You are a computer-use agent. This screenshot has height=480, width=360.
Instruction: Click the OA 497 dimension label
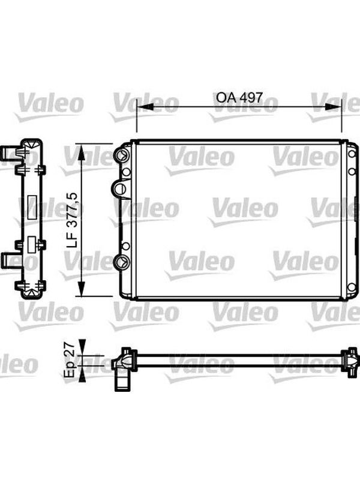tap(239, 97)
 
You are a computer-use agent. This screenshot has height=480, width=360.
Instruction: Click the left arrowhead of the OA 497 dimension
tap(145, 107)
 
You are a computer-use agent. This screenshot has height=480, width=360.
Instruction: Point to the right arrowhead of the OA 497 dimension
tap(333, 107)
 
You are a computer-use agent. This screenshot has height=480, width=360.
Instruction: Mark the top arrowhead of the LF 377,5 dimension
tap(81, 152)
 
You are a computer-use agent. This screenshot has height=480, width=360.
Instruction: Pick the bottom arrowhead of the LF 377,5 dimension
tap(81, 289)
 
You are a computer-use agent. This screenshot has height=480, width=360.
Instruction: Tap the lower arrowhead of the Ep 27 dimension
tap(82, 373)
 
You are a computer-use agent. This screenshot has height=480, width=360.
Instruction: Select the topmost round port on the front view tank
tap(122, 155)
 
